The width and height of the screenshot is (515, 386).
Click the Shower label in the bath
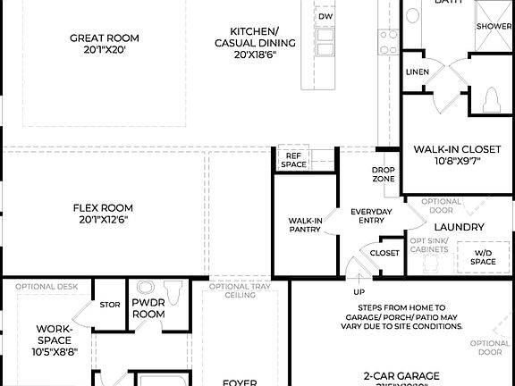494,27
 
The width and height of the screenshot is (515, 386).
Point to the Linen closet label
417,71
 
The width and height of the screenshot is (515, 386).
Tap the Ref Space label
293,160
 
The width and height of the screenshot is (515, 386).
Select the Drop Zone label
384,174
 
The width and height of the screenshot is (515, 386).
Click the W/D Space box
483,256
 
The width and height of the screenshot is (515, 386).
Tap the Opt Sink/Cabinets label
429,247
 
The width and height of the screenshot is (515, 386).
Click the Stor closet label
110,305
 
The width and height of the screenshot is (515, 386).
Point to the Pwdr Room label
148,309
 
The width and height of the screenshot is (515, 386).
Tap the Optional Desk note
46,287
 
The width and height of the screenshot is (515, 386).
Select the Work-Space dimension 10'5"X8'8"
55,352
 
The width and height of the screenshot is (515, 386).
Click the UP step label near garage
359,292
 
